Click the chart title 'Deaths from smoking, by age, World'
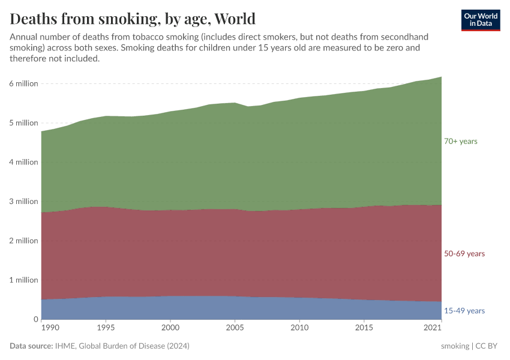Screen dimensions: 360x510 [133, 19]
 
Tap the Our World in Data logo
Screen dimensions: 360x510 [480, 20]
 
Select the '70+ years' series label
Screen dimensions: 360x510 [460, 141]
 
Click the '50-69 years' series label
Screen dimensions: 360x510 [464, 254]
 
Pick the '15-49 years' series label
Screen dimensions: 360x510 [464, 311]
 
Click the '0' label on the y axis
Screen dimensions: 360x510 [35, 319]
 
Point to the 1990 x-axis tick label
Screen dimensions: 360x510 [50, 328]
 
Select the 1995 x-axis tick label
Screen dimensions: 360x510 [106, 328]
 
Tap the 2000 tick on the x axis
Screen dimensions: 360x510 [170, 328]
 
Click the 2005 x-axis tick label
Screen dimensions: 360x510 [235, 328]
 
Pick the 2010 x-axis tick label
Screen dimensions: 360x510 [299, 328]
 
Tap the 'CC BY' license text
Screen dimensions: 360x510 [488, 346]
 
